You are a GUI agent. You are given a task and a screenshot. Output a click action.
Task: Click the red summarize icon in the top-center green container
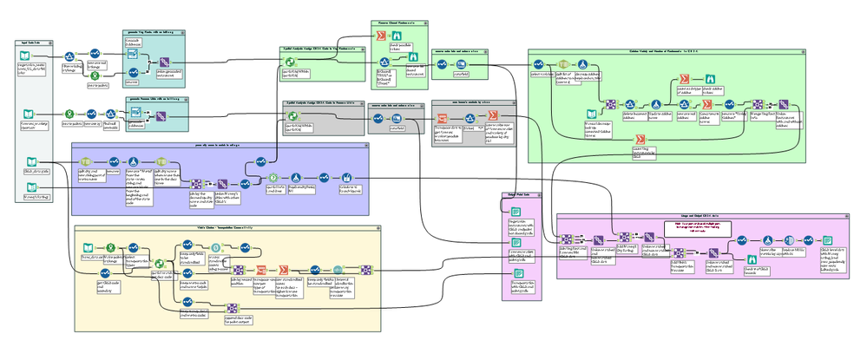click(x=380, y=36)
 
